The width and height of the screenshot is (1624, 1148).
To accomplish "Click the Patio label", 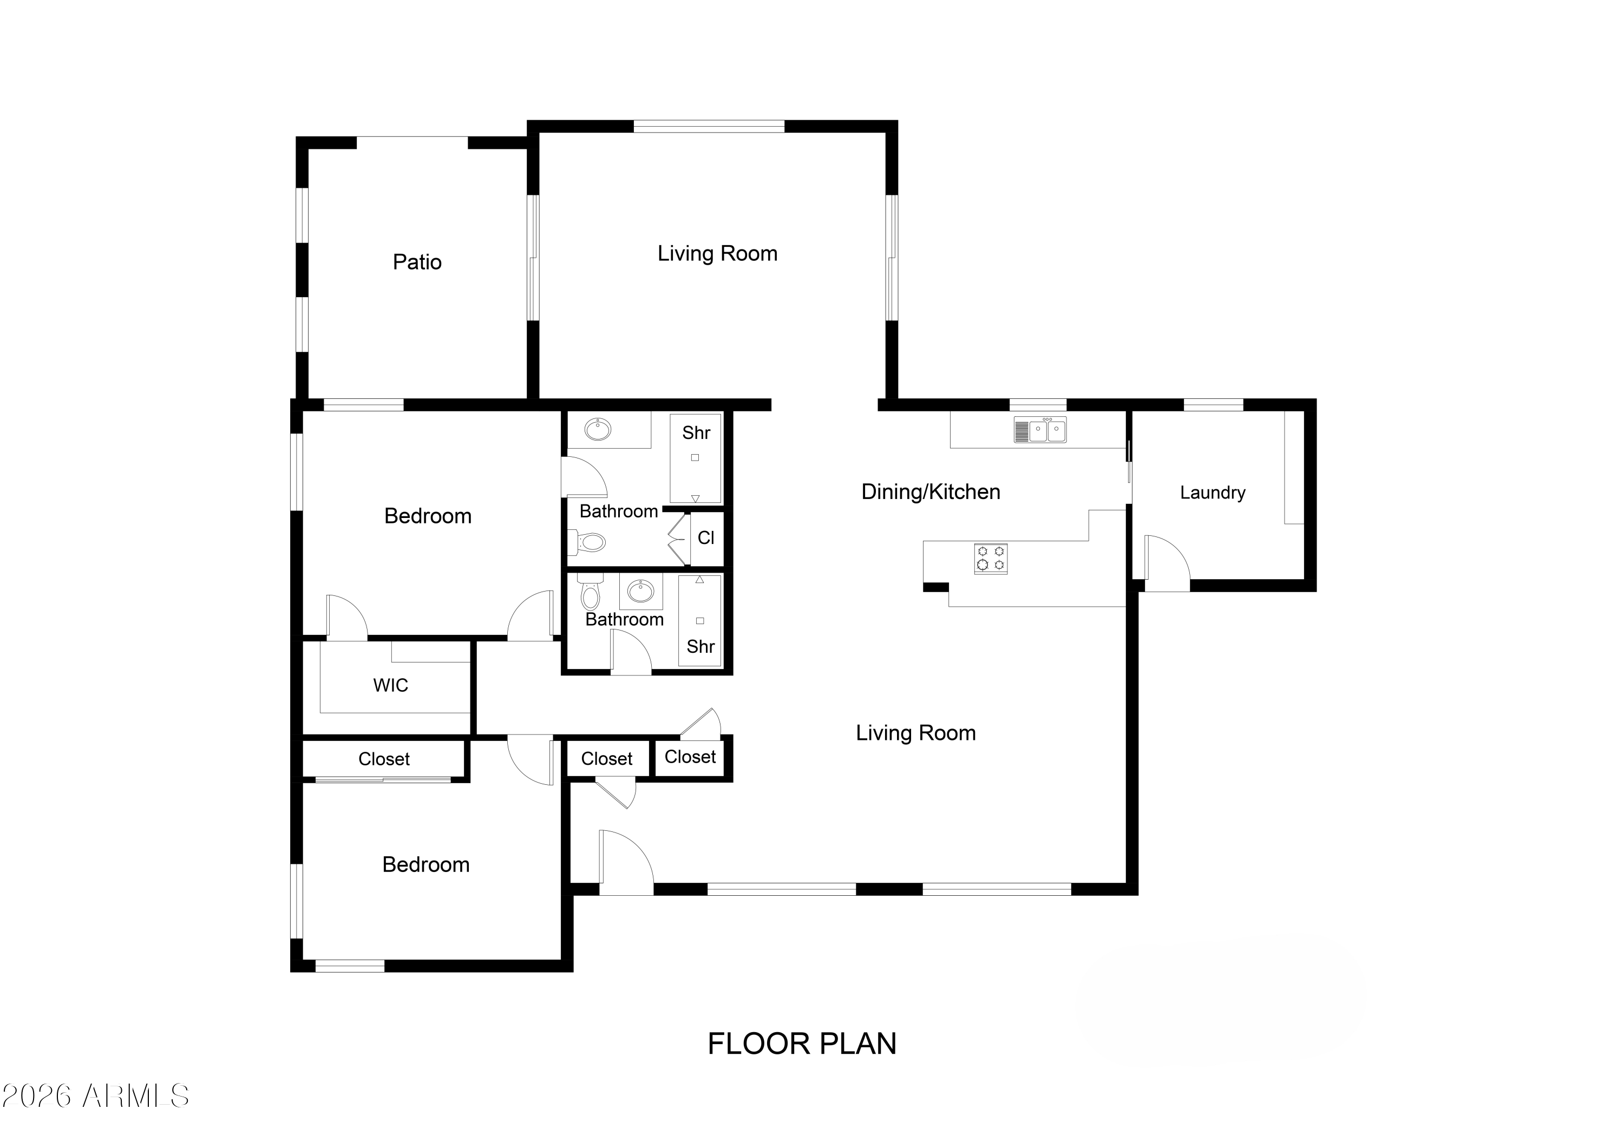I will [417, 263].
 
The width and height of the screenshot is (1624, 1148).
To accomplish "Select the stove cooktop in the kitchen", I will [990, 558].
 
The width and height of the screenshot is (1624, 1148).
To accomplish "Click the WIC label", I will [390, 685].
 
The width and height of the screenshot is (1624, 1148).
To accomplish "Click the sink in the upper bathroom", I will [598, 429].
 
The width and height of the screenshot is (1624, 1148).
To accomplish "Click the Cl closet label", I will [705, 539].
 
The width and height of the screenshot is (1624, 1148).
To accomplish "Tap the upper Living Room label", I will [717, 254].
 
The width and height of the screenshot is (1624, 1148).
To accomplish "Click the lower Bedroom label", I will [426, 865].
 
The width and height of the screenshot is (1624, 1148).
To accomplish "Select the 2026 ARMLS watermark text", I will [95, 1097].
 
